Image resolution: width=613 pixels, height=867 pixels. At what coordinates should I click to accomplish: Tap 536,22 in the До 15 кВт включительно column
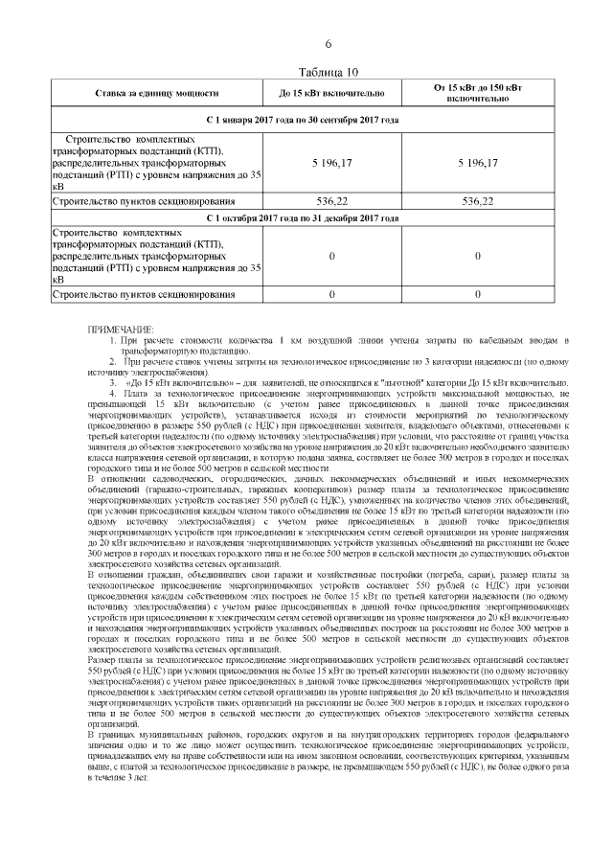tap(331, 202)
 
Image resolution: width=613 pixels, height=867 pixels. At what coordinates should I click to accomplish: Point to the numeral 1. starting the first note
tap(112, 340)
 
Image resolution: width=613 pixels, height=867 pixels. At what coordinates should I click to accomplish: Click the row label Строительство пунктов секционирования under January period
tap(143, 202)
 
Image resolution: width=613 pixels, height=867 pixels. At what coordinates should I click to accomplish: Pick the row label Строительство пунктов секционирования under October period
tap(143, 294)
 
